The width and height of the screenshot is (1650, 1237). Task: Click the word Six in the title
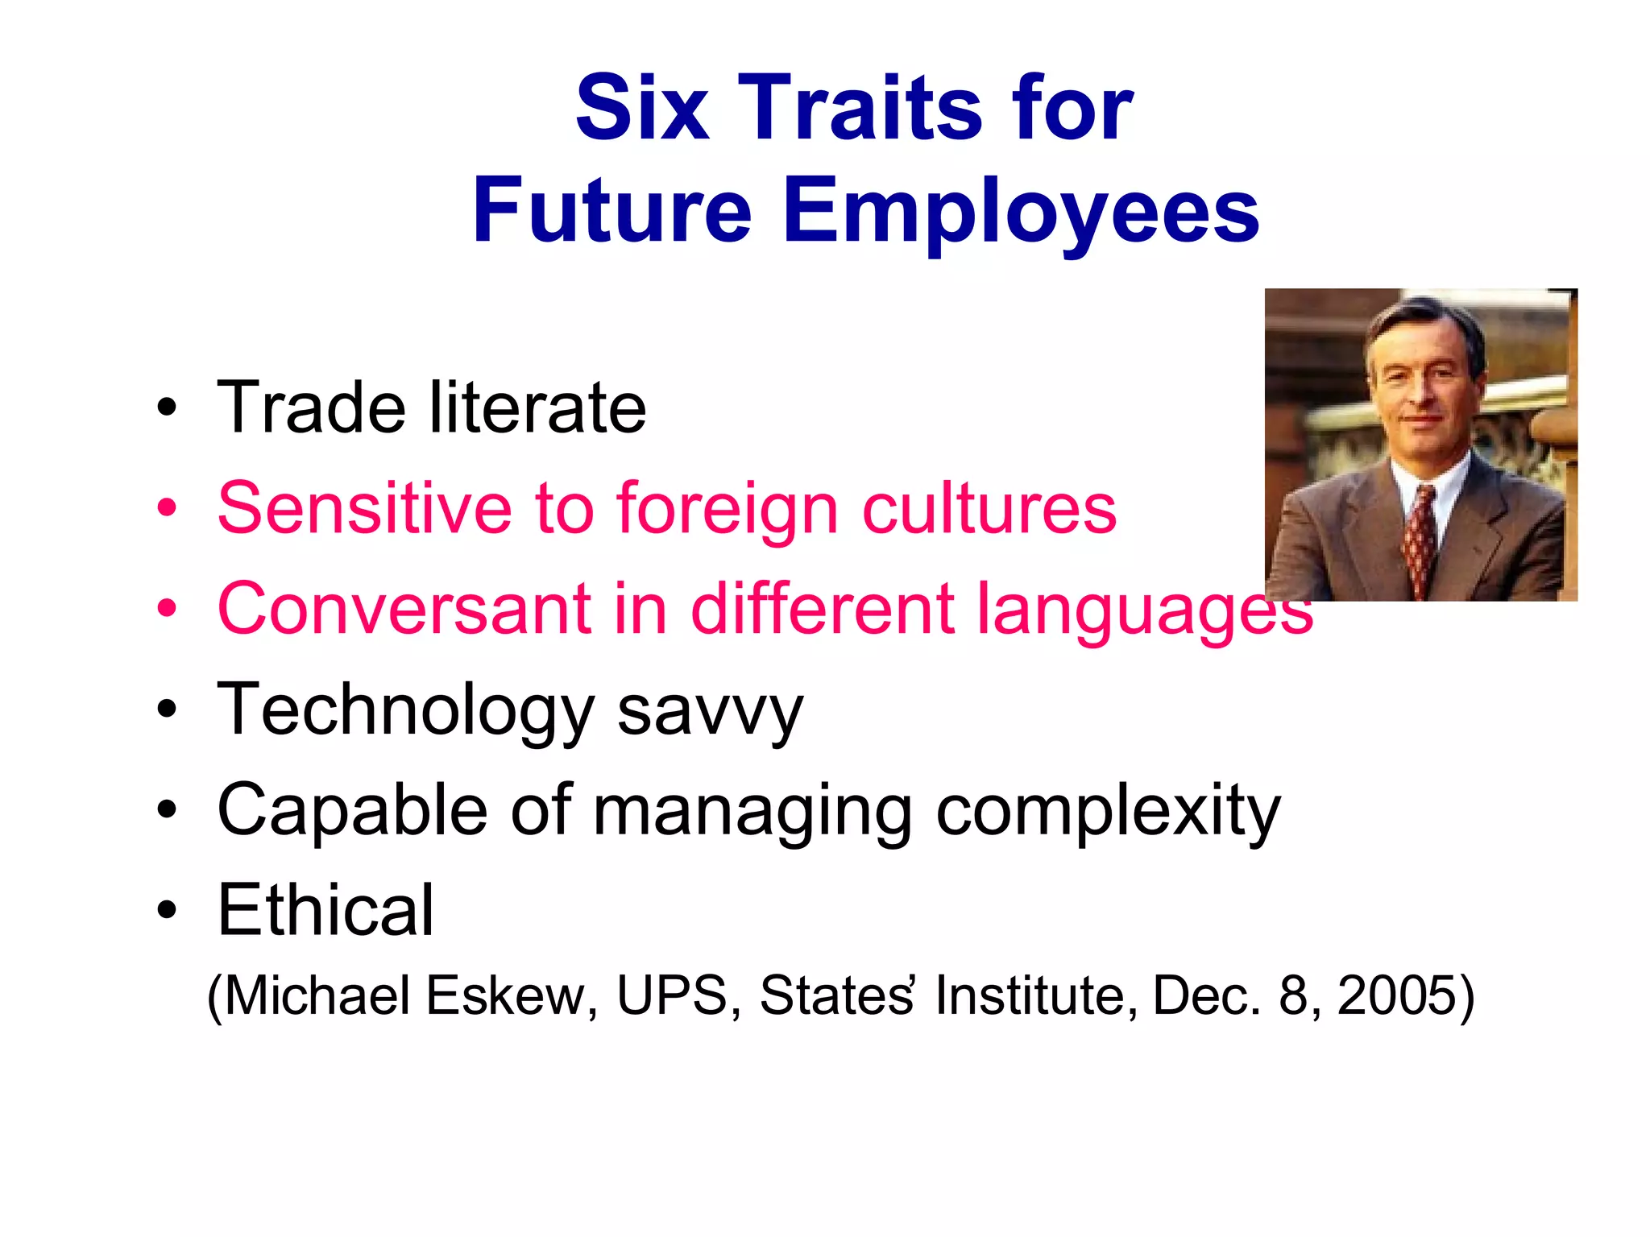[641, 108]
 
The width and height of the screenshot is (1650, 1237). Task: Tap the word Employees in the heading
[1021, 211]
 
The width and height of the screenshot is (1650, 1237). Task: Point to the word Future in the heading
[612, 211]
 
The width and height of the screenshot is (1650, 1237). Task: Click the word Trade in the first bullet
[311, 408]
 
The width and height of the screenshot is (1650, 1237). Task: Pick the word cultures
[989, 508]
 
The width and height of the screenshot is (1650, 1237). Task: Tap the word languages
[1144, 610]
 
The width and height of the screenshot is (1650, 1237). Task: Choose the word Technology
[405, 710]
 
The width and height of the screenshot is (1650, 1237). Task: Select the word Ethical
[325, 910]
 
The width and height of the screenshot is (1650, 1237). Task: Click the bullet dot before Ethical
[167, 911]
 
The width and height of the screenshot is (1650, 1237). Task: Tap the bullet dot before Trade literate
[167, 408]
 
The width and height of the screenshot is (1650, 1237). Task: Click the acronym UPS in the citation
[672, 995]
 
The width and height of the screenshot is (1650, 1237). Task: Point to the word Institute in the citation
[1036, 995]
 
